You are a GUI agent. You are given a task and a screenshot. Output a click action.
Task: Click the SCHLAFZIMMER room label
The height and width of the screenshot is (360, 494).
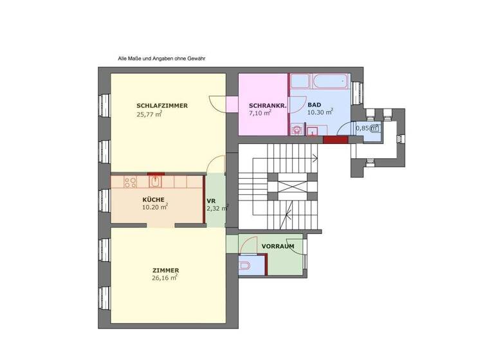tap(162, 106)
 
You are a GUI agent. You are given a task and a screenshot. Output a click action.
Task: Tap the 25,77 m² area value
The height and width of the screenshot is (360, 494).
tap(149, 115)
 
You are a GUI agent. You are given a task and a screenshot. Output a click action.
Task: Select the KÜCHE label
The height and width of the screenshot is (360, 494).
tap(154, 199)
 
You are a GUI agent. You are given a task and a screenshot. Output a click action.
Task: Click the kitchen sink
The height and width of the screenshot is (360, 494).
tap(155, 182)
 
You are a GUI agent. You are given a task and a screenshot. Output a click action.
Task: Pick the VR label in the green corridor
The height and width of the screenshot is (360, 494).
tap(210, 200)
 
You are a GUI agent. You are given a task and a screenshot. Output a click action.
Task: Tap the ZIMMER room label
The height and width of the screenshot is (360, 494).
tap(165, 270)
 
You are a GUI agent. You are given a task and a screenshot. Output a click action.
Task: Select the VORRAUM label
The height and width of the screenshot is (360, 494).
tap(278, 246)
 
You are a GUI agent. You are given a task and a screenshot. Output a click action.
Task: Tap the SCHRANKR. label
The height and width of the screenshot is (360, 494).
tap(262, 105)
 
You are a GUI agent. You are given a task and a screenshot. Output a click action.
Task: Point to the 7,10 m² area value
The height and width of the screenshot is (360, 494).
tap(259, 113)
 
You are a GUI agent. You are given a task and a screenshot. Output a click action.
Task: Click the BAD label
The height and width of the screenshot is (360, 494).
tap(314, 105)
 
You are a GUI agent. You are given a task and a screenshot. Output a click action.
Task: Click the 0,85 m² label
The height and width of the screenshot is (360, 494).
tap(367, 128)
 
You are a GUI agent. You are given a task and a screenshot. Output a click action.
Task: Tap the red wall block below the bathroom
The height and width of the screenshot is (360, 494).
tap(334, 139)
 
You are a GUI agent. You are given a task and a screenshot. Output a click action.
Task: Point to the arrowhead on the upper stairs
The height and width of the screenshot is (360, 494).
tap(315, 157)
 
